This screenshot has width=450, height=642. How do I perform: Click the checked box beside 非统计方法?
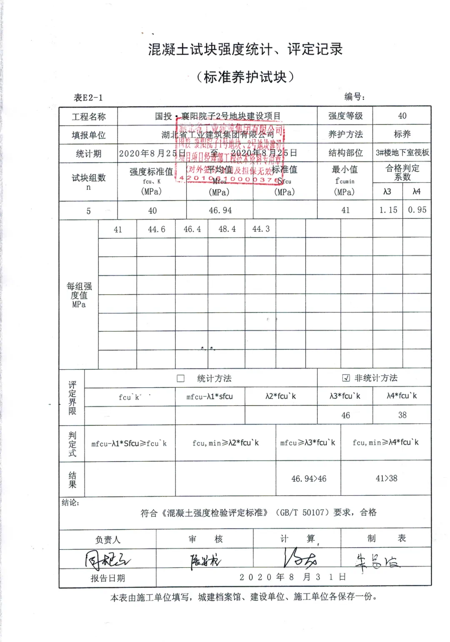[x=346, y=378]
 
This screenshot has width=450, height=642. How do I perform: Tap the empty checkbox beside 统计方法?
[x=181, y=379]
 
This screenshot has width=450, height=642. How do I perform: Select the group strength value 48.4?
[x=227, y=229]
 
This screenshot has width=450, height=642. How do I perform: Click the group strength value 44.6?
[x=157, y=229]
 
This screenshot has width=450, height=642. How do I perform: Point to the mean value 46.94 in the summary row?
[x=220, y=211]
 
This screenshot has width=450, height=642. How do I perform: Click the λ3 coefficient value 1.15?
[x=388, y=210]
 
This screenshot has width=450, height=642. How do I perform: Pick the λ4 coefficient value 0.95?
[x=417, y=210]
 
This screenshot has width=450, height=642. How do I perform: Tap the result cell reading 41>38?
[x=386, y=479]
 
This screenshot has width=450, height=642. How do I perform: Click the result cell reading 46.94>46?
[x=309, y=479]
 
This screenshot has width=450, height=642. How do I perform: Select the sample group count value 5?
[x=88, y=211]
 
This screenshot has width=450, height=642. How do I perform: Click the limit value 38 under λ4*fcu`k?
[x=402, y=415]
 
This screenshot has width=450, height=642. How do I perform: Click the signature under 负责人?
[x=107, y=559]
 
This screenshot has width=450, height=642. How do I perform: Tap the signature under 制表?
[x=377, y=561]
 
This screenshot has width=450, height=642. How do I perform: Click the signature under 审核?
[x=205, y=561]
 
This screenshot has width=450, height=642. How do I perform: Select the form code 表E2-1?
[x=88, y=98]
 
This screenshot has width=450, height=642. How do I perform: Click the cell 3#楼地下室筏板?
[x=402, y=153]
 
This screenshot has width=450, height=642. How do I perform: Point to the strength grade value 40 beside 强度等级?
[x=402, y=116]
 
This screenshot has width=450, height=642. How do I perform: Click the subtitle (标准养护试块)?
[x=245, y=77]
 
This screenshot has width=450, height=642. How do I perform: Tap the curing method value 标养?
[x=402, y=134]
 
